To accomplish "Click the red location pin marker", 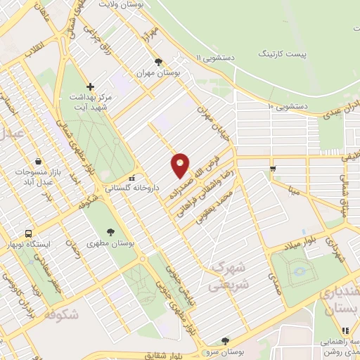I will [180, 165].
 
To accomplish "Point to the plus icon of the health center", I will [90, 86].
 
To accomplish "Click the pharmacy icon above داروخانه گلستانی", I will [131, 178].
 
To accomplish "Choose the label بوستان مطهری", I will [111, 243].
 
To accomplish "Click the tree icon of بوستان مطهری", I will [110, 231].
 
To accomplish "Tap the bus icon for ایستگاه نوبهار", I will [28, 233].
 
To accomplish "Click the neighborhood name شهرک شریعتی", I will [227, 277].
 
